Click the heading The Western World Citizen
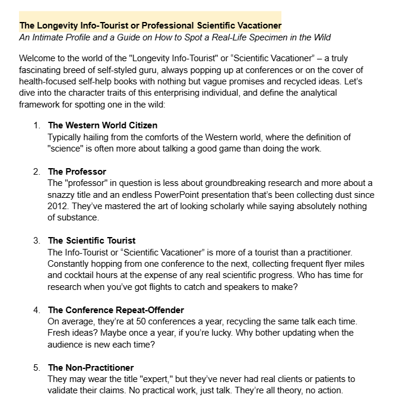tap(102, 125)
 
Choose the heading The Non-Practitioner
tap(90, 368)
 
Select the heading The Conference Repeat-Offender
tap(116, 310)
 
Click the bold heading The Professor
tap(77, 171)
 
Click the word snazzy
tap(62, 194)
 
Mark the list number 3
tap(36, 241)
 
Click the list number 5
tap(36, 368)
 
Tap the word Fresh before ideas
tap(60, 332)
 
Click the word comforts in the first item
tap(167, 137)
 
